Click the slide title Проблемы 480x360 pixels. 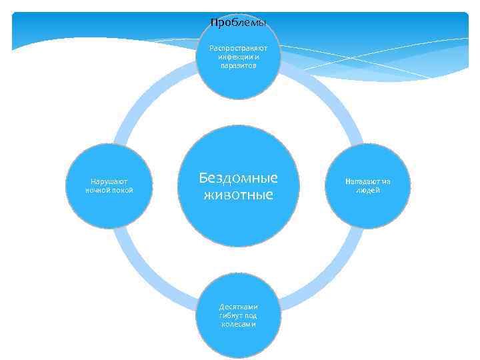pyautogui.click(x=238, y=23)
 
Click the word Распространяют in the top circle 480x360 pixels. pyautogui.click(x=238, y=48)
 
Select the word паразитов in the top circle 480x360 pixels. pyautogui.click(x=238, y=65)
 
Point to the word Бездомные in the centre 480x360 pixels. pyautogui.click(x=238, y=178)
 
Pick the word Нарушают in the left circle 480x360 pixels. pyautogui.click(x=109, y=181)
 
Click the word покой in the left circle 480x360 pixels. pyautogui.click(x=122, y=189)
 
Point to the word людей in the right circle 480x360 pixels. pyautogui.click(x=367, y=189)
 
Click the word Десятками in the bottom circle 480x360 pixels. pyautogui.click(x=238, y=307)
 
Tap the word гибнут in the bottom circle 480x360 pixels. pyautogui.click(x=231, y=315)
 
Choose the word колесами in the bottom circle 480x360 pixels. pyautogui.click(x=238, y=324)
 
